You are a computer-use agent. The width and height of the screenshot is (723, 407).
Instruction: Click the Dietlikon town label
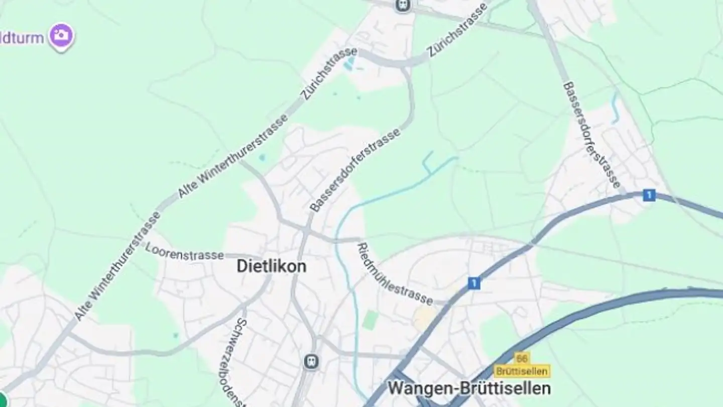click(x=271, y=266)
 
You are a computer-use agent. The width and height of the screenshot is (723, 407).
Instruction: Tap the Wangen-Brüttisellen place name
click(x=469, y=388)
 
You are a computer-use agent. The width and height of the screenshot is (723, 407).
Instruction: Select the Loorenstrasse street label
click(x=185, y=253)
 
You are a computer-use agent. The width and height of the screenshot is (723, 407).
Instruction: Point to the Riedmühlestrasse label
click(x=395, y=274)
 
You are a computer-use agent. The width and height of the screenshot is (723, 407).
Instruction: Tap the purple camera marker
click(x=62, y=36)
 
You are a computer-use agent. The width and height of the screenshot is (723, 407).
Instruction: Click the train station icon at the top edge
click(x=403, y=5)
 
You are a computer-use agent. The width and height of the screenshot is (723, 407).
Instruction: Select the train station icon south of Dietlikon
click(x=311, y=361)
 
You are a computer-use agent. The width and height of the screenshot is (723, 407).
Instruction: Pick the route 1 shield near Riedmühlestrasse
click(x=473, y=283)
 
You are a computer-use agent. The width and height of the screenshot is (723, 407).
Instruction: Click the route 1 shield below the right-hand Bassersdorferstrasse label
click(x=649, y=195)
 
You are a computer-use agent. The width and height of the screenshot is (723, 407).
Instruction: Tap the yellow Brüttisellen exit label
click(x=522, y=371)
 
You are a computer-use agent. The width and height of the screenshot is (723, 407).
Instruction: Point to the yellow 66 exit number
click(x=522, y=358)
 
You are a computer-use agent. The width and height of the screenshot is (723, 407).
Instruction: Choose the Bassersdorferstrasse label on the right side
click(x=592, y=135)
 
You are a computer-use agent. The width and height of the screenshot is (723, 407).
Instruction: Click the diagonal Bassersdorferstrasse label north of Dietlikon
click(x=355, y=170)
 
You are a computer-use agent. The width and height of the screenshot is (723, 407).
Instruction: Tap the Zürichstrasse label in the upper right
click(x=457, y=30)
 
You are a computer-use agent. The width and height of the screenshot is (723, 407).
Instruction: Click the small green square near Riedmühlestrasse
click(x=370, y=320)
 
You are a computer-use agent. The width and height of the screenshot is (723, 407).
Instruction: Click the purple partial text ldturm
click(x=23, y=38)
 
